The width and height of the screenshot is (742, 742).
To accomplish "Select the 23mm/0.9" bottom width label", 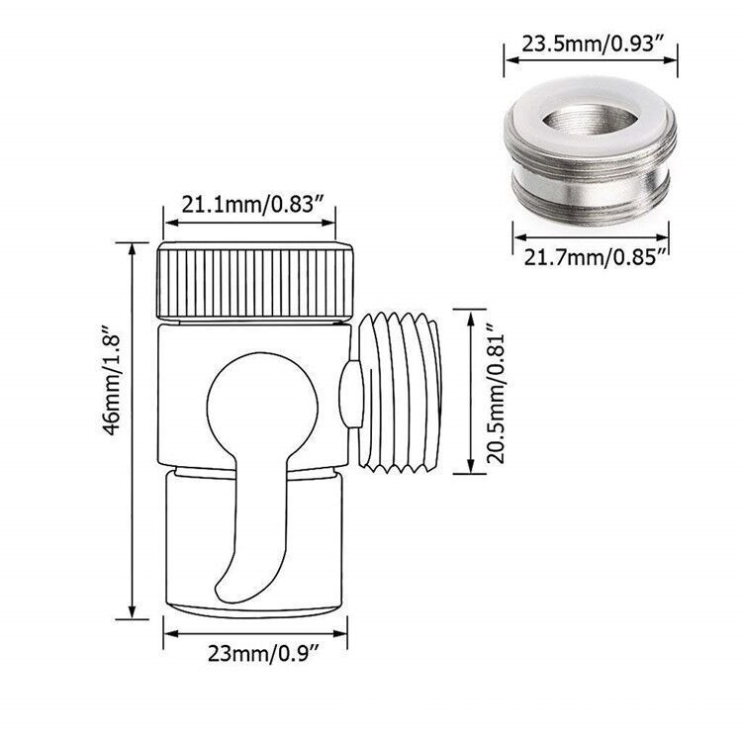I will click(255, 651).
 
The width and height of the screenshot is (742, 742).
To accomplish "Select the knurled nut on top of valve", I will click(255, 279).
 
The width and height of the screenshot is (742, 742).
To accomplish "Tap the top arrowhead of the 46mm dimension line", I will click(132, 244).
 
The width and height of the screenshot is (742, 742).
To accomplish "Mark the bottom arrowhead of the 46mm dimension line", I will click(132, 612).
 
